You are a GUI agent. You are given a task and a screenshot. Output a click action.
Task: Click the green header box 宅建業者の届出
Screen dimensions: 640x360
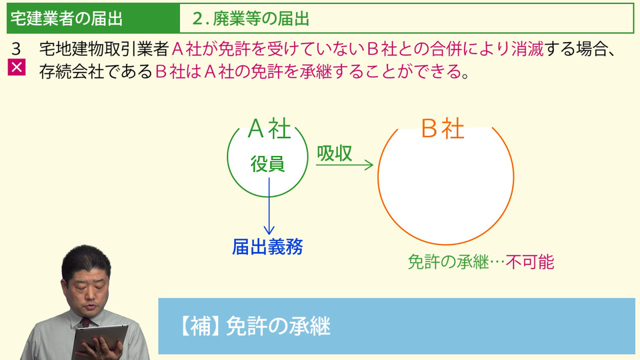pos(93,19)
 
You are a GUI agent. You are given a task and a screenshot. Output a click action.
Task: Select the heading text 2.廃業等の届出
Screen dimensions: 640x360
pos(251,19)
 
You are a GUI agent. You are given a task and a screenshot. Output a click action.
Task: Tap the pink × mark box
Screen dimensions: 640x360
pos(17,67)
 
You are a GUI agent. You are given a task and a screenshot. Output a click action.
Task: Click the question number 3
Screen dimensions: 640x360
pos(16,49)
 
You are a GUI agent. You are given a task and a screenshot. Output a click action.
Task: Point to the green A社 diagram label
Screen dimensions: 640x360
pos(269,129)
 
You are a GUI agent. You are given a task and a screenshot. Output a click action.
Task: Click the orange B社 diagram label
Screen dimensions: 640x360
pos(443,128)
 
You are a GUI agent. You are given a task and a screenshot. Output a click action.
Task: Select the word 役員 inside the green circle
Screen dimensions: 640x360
pos(267,164)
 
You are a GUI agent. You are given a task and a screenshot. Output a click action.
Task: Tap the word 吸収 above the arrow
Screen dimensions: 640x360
pos(334,153)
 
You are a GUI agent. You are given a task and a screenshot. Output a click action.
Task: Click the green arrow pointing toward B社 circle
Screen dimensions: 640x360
pos(345,165)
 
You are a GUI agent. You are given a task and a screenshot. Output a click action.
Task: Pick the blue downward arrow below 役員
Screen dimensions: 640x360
pos(269,206)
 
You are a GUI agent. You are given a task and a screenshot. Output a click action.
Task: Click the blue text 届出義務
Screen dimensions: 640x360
pos(267,247)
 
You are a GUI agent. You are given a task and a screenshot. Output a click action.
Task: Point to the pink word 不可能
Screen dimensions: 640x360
pos(530,262)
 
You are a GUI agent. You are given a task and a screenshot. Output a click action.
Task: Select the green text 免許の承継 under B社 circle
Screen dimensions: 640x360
pos(448,262)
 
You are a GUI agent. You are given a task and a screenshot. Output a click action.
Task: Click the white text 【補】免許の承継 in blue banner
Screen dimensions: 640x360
pos(255,326)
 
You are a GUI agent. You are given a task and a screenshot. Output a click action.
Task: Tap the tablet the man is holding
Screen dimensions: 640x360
pos(100,340)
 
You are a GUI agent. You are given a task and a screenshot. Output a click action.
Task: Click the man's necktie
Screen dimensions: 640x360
pos(85,323)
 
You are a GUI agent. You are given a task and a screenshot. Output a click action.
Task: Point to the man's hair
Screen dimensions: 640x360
pos(86,261)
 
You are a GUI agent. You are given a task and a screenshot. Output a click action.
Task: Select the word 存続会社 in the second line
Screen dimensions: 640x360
pos(72,72)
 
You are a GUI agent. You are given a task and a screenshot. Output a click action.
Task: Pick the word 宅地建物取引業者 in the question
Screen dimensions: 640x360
pos(104,49)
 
